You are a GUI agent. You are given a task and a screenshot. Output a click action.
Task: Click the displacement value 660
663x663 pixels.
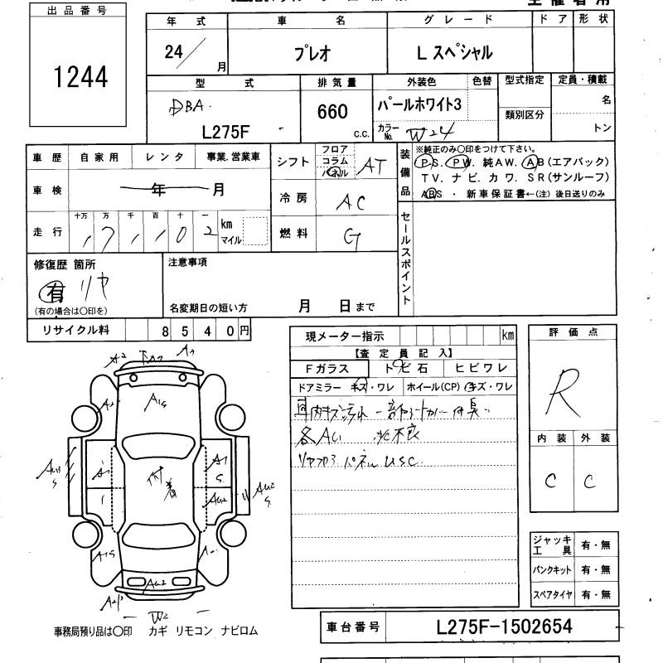point(331,112)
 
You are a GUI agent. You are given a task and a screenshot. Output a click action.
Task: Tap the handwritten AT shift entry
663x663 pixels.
point(373,167)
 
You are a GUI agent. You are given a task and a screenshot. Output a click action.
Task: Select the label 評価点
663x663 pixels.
point(573,332)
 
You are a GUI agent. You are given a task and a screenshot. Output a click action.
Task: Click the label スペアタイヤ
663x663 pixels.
point(550,595)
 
